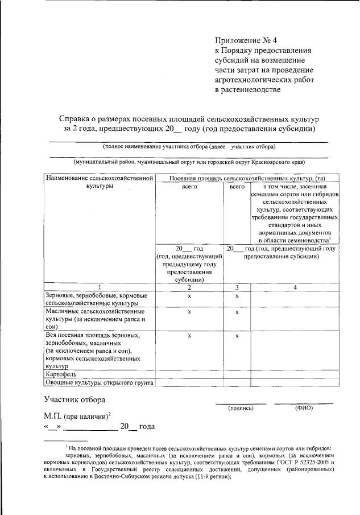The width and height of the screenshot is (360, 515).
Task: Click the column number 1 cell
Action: (x=100, y=287)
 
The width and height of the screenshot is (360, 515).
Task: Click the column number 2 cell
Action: (x=189, y=287)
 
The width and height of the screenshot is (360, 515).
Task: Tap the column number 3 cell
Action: (x=236, y=287)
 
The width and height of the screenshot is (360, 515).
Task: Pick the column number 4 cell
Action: (x=295, y=287)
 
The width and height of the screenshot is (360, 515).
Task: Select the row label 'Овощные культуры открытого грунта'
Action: (x=100, y=382)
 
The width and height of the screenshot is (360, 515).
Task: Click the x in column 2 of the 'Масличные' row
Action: (x=189, y=312)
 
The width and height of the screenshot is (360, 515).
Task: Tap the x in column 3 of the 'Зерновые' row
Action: (x=236, y=296)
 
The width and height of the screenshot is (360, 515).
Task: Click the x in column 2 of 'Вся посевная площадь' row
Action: (x=189, y=336)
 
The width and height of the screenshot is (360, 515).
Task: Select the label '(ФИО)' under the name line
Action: (x=304, y=408)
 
